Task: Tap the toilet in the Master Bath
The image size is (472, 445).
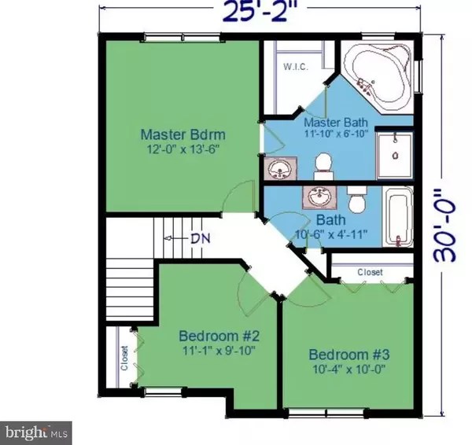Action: pos(322,163)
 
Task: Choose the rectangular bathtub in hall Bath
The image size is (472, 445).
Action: pos(400,217)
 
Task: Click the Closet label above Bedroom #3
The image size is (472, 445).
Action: pos(370,272)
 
